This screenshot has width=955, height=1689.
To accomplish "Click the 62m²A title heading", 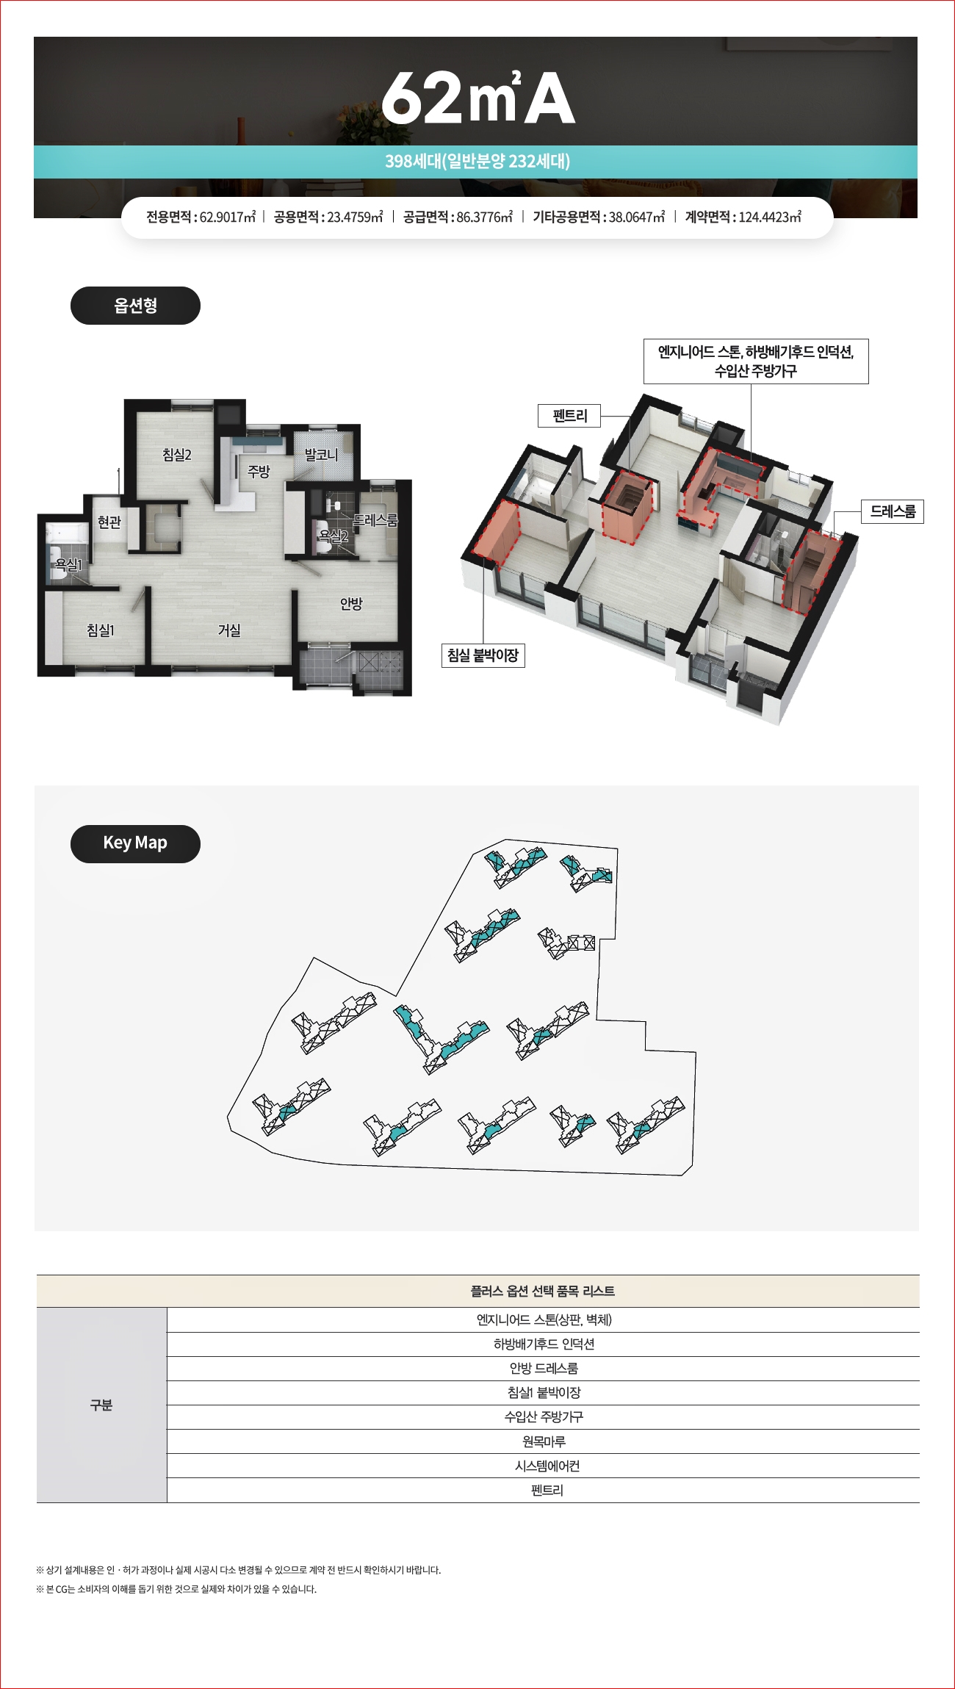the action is click(x=478, y=97).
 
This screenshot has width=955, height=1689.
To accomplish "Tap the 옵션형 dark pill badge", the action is click(x=135, y=306).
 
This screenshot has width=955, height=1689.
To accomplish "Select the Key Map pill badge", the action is click(x=135, y=843).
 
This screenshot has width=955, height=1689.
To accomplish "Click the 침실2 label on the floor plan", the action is click(x=177, y=455).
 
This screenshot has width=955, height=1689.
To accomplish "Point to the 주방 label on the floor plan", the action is click(x=259, y=471).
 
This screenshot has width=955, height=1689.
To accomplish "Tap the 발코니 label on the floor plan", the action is click(x=321, y=455).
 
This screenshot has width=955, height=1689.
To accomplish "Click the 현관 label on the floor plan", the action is click(x=109, y=522).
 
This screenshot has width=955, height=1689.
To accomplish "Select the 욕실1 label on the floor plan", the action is click(x=69, y=564).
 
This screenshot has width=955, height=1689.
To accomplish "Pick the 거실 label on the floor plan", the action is click(x=229, y=630).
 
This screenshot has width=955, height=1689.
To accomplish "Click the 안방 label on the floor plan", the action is click(x=351, y=603).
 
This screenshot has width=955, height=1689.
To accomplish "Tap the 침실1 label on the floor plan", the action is click(x=101, y=630).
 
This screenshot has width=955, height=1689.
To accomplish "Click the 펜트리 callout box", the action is click(x=569, y=416).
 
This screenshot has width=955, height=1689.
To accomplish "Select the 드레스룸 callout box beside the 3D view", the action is click(x=893, y=511).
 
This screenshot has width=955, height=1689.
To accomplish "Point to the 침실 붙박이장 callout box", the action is click(x=483, y=655).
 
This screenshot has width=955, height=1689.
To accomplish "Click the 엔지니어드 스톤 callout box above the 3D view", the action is click(x=756, y=361).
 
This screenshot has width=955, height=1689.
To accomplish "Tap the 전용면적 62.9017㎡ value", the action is click(x=201, y=217).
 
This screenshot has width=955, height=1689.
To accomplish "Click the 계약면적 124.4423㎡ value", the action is click(x=743, y=217).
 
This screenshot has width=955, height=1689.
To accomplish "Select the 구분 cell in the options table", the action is click(x=101, y=1405).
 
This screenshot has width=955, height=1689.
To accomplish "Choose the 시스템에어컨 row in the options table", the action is click(x=544, y=1466).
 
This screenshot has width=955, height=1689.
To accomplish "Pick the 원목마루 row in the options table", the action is click(x=544, y=1441).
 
